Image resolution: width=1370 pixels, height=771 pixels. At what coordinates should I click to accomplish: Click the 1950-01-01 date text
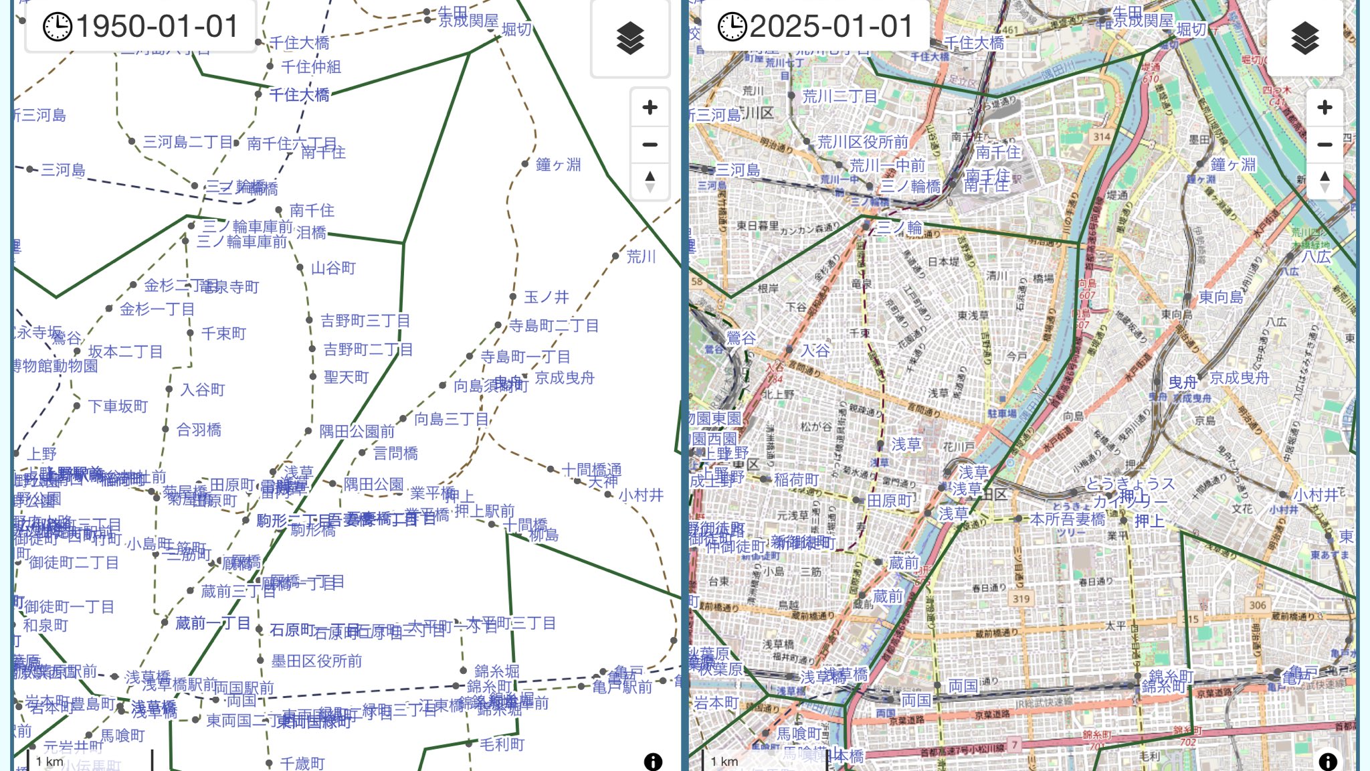pyautogui.click(x=157, y=27)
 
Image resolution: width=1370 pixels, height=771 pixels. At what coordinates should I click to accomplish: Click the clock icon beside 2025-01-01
pyautogui.click(x=732, y=27)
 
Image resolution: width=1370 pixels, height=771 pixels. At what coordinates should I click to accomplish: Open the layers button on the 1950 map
pyautogui.click(x=630, y=38)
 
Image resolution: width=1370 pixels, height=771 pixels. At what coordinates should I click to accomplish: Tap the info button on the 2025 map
pyautogui.click(x=1328, y=761)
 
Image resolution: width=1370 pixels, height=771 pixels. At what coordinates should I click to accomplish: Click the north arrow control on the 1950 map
pyautogui.click(x=650, y=181)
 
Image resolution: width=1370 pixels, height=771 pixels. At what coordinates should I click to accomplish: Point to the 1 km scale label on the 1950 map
pyautogui.click(x=50, y=762)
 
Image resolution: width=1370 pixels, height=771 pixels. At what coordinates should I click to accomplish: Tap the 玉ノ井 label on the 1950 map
pyautogui.click(x=547, y=296)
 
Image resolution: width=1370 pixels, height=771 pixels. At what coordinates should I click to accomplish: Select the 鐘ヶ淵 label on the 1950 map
pyautogui.click(x=558, y=164)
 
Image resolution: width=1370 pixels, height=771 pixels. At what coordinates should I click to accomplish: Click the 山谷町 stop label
pyautogui.click(x=333, y=268)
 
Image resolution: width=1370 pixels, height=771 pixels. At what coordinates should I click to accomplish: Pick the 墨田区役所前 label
pyautogui.click(x=316, y=661)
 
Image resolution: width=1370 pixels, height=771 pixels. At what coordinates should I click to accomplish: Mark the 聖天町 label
pyautogui.click(x=346, y=377)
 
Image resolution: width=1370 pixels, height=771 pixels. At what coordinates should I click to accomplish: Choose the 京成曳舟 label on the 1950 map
pyautogui.click(x=565, y=377)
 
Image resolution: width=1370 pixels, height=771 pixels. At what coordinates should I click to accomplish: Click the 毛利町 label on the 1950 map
pyautogui.click(x=502, y=744)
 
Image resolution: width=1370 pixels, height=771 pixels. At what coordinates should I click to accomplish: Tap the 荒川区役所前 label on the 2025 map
pyautogui.click(x=862, y=142)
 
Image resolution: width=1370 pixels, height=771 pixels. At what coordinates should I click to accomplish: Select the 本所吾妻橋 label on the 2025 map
pyautogui.click(x=1067, y=519)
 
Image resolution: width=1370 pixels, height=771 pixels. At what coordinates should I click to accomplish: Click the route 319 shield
pyautogui.click(x=1021, y=598)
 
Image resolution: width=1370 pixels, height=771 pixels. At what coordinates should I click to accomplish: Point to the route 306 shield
pyautogui.click(x=1258, y=605)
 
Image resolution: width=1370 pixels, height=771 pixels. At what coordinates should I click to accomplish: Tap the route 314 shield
pyautogui.click(x=1102, y=137)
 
